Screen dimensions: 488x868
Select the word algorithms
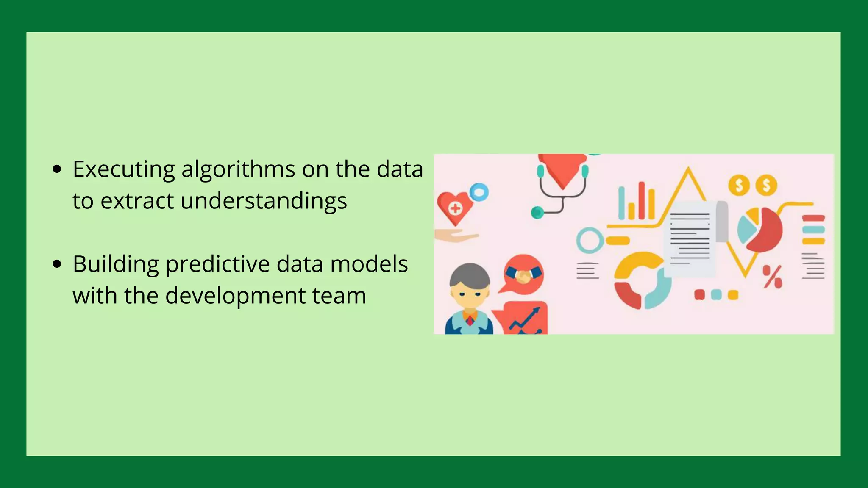[x=238, y=169]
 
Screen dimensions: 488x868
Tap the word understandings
[x=264, y=201]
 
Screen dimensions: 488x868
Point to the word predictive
[x=217, y=264]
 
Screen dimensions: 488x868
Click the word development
[x=235, y=296]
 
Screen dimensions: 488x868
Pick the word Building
[x=115, y=264]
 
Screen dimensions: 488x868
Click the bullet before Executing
[x=57, y=170]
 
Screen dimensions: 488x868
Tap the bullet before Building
[x=57, y=265]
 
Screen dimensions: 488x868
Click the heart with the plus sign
[x=454, y=207]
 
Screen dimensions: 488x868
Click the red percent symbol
[x=773, y=277]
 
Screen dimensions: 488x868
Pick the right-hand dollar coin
[x=766, y=185]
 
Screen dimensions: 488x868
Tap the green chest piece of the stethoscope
[x=537, y=212]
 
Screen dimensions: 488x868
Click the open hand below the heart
[x=454, y=236]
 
